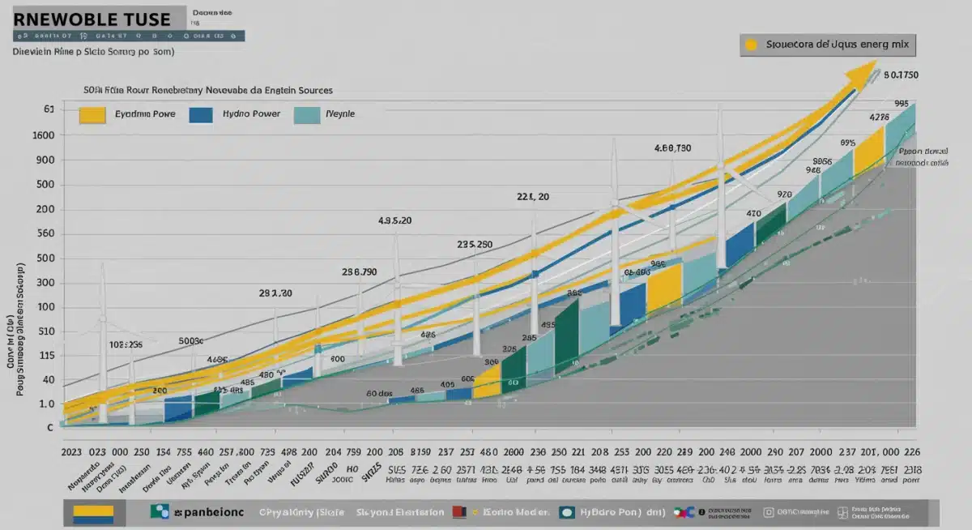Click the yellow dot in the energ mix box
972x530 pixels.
[752, 45]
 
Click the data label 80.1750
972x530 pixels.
[901, 75]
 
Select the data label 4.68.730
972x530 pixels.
[672, 148]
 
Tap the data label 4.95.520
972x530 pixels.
[395, 220]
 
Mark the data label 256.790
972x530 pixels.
[359, 272]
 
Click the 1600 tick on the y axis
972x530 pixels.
[44, 135]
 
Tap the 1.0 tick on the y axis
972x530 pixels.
[47, 404]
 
